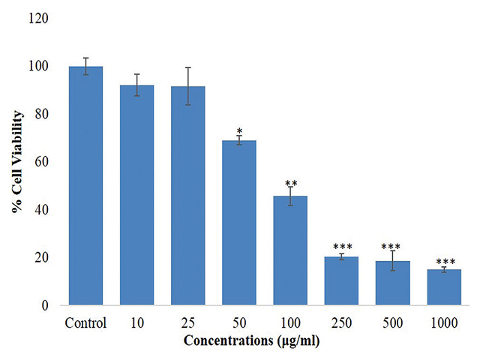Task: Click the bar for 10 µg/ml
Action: point(136,195)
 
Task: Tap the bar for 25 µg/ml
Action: point(188,196)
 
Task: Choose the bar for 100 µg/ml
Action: point(290,250)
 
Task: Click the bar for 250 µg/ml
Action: point(341,281)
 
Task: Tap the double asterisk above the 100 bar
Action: point(290,182)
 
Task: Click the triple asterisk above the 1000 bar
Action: point(444,262)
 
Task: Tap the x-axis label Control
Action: point(85,323)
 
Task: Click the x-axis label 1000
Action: point(444,323)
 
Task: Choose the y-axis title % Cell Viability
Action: point(16,161)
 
